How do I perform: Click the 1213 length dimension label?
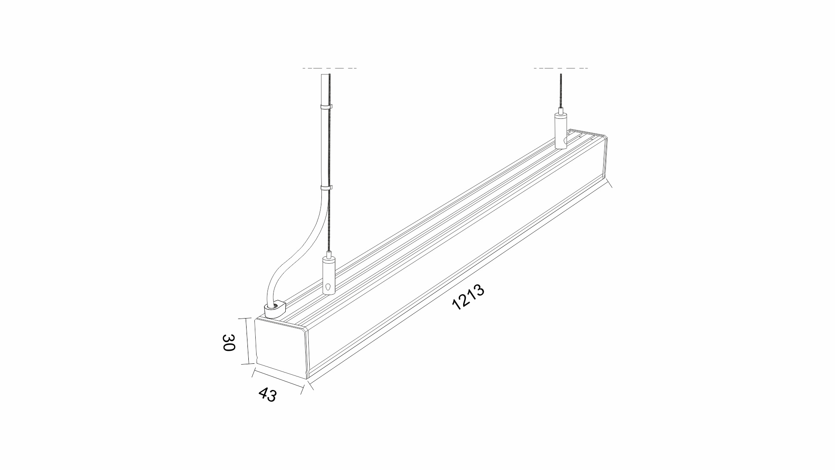coord(468,297)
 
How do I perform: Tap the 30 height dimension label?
coord(229,342)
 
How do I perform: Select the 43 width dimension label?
coord(267,395)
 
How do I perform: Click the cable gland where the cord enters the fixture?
coord(274,309)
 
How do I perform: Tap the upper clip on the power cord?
coord(325,106)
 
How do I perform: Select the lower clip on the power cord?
coord(325,188)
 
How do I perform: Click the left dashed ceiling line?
coord(330,68)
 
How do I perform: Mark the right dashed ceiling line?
coord(561,68)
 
